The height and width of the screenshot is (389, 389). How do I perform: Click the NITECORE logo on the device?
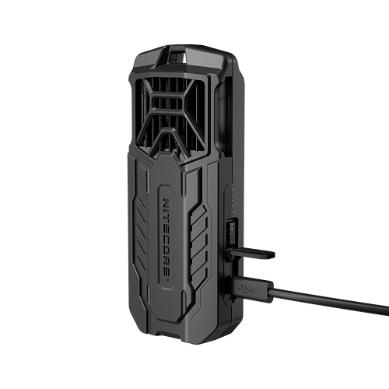(x=167, y=240)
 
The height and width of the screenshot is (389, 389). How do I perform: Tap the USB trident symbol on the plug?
(x=246, y=289)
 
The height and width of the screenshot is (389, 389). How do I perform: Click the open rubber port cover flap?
(x=252, y=254)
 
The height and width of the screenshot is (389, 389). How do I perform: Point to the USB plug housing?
(x=250, y=289)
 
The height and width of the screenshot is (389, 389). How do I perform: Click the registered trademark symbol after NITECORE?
(x=167, y=280)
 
